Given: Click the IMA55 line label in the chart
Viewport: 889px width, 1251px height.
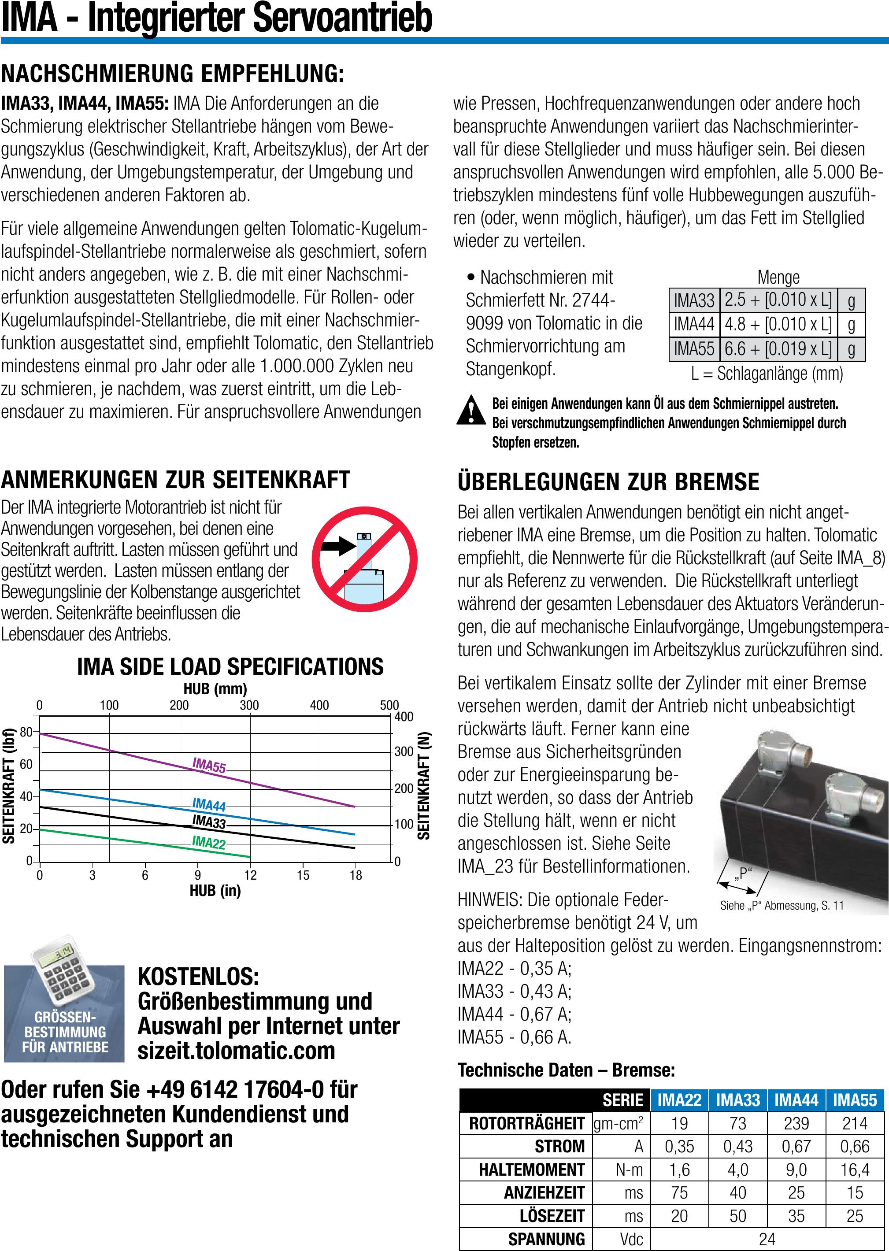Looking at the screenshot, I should click(x=209, y=765).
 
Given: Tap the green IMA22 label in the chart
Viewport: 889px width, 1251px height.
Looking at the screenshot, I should click(x=208, y=842).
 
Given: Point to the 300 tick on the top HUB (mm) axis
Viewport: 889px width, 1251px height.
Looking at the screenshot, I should click(x=249, y=705).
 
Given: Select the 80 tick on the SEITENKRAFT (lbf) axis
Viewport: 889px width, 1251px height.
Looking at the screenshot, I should click(x=26, y=732).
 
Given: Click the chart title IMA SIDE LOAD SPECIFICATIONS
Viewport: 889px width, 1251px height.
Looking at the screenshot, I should click(x=230, y=666).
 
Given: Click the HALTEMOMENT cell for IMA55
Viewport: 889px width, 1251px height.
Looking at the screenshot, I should click(x=855, y=1170).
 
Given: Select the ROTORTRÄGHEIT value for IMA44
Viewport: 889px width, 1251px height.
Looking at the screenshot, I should click(x=796, y=1124).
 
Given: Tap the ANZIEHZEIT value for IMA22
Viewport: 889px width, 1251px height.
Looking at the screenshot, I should click(x=679, y=1192).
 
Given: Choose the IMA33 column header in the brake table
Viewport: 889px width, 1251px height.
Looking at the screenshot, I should click(x=737, y=1100).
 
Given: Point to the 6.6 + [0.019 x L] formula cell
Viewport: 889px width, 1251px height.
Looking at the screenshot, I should click(x=778, y=348).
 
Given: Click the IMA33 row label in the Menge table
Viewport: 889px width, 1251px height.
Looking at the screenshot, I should click(x=693, y=300).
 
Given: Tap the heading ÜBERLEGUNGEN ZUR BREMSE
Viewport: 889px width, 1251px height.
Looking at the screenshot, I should click(x=608, y=481).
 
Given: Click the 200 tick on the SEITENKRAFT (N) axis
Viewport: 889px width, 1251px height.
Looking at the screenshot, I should click(x=404, y=788).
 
